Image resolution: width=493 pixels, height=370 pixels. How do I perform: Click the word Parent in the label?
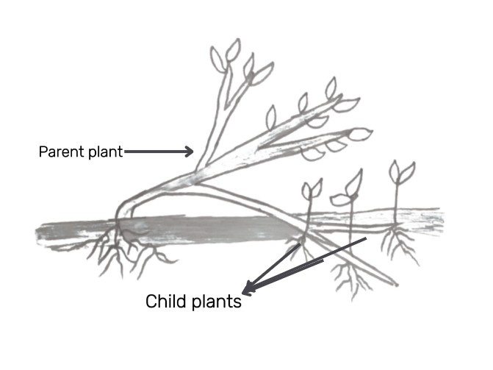coord(60,152)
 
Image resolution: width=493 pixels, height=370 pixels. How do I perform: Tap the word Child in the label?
coord(165,302)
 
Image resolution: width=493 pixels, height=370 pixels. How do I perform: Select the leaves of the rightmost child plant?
coord(401,172)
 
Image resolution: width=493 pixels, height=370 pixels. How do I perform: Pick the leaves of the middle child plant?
coord(350,188)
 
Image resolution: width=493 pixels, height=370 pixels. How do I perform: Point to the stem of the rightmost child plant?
coord(397,202)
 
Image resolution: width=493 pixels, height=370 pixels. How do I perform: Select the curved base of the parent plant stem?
coord(125,210)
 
